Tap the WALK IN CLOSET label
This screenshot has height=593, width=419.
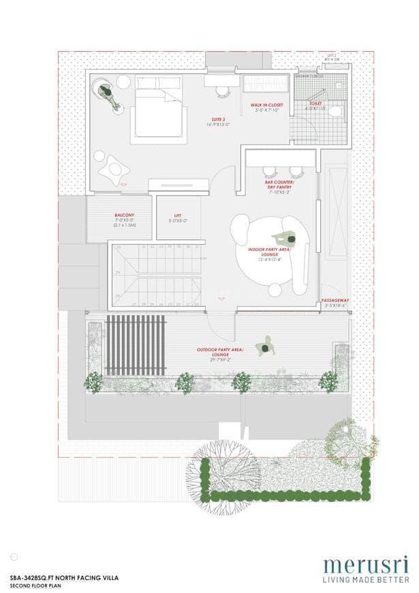(267, 105)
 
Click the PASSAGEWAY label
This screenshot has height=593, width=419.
(335, 300)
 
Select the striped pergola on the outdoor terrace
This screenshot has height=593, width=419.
(136, 344)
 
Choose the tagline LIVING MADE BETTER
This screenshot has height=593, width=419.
(366, 579)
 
